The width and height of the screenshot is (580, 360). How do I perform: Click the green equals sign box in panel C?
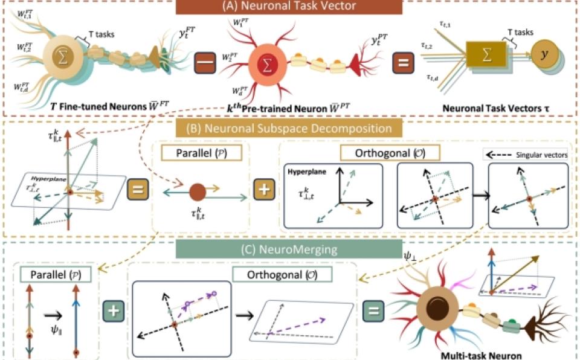(373, 312)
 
